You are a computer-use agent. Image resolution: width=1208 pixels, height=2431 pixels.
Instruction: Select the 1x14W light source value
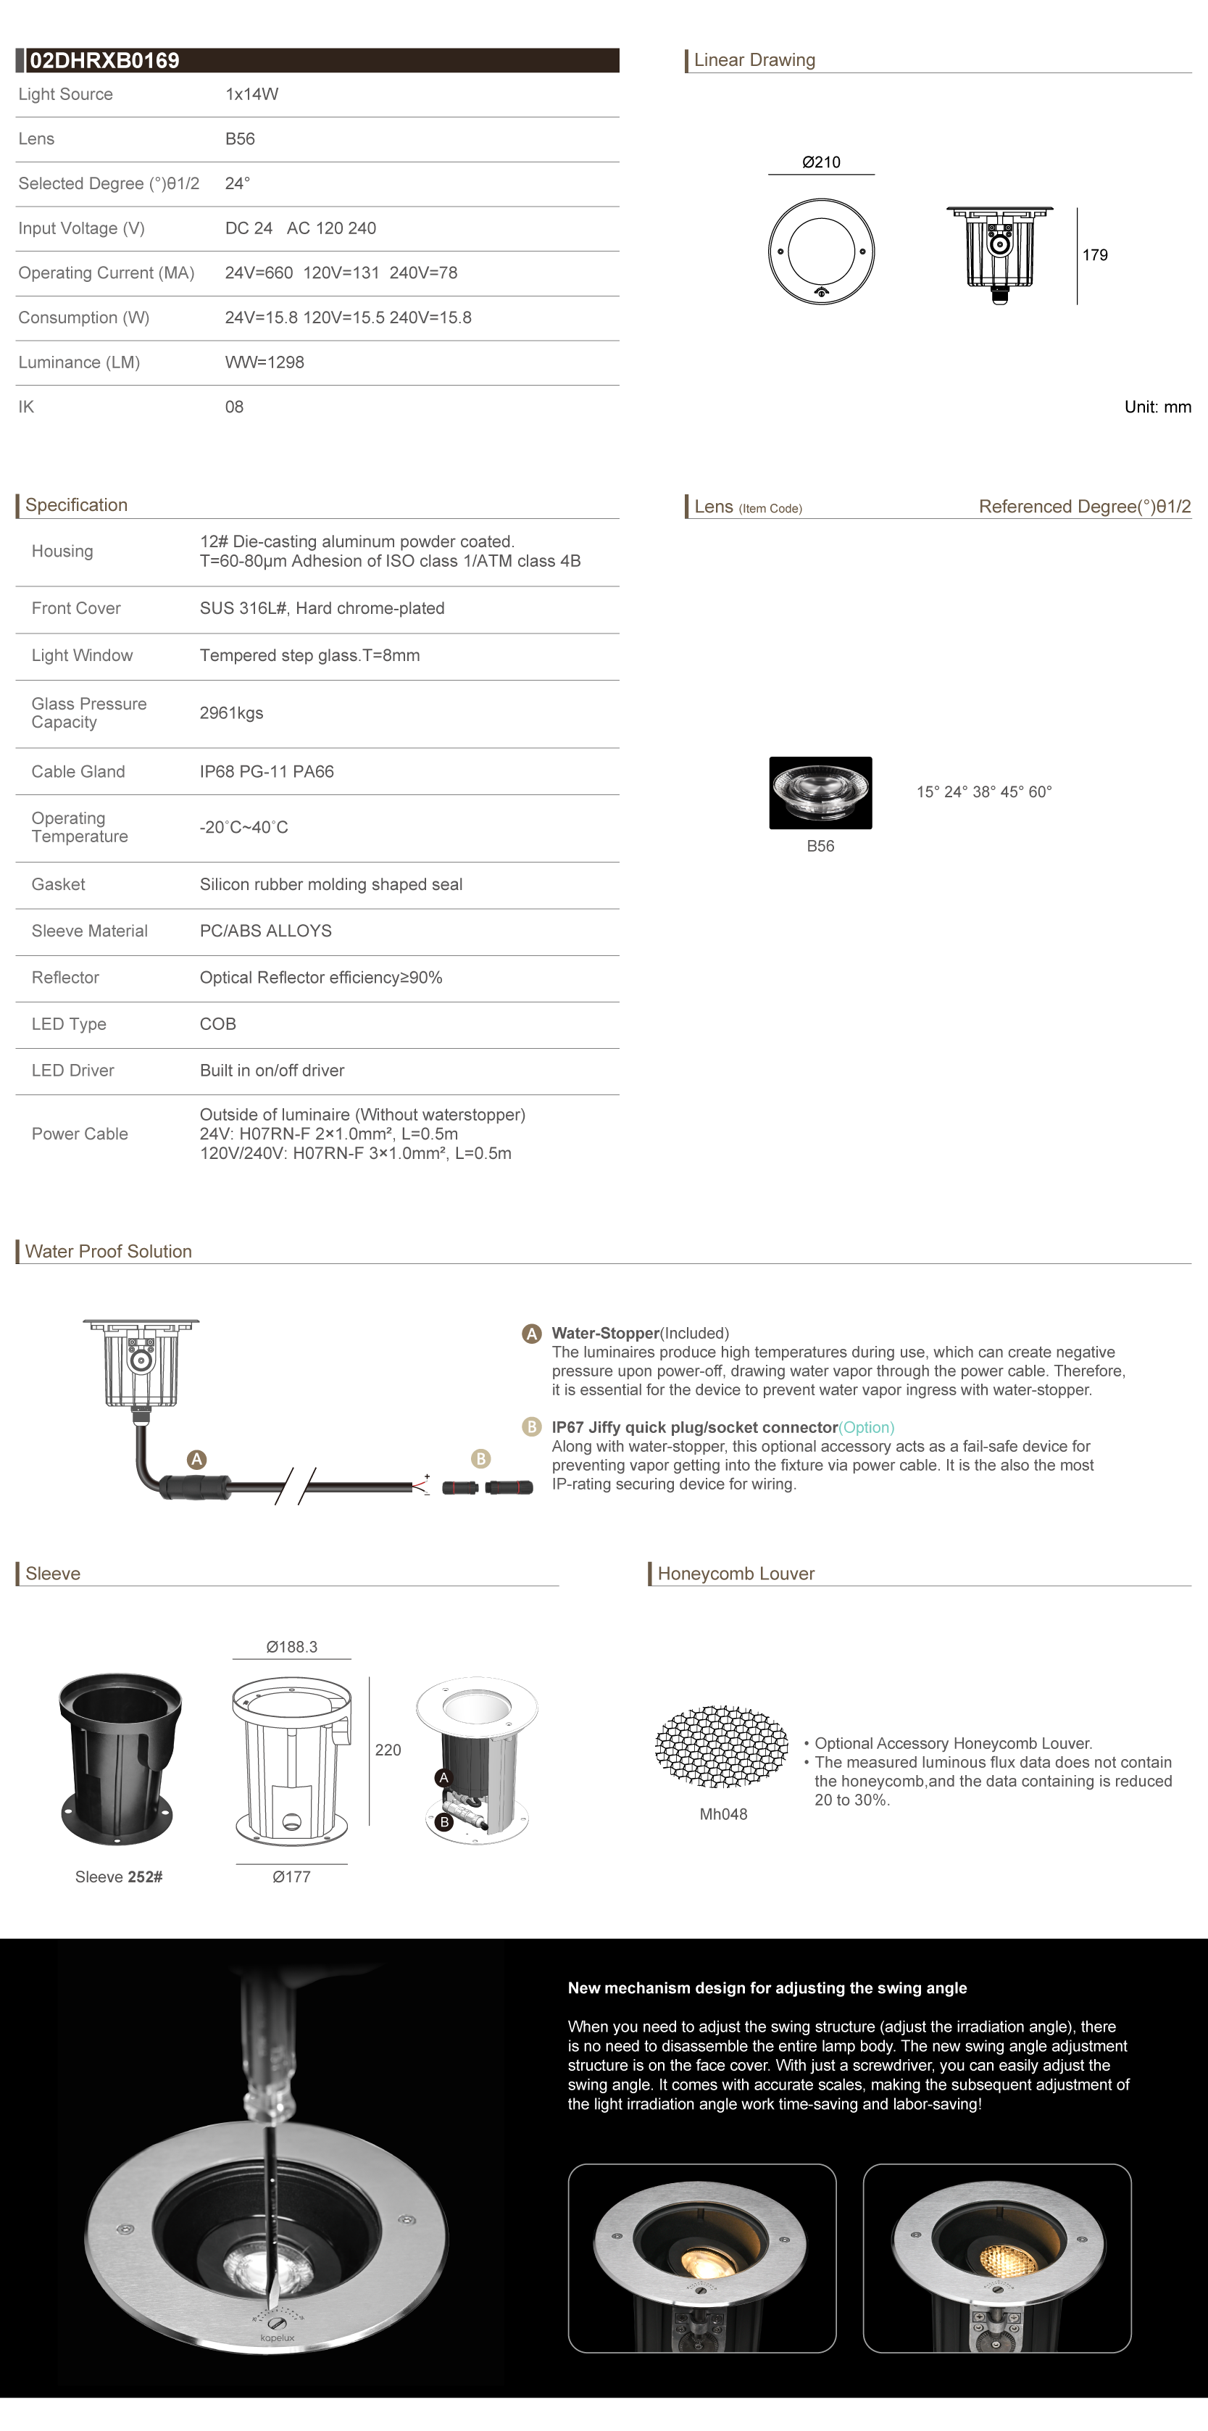(251, 94)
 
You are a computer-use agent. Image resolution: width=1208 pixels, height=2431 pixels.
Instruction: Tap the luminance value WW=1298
(264, 362)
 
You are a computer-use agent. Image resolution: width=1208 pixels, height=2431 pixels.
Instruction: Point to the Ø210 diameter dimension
(821, 162)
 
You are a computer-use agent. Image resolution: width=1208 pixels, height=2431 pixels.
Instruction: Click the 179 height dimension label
(1095, 255)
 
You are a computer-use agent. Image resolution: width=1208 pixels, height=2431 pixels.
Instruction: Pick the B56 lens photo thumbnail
(820, 793)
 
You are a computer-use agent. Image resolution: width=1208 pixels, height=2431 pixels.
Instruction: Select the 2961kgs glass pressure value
(231, 713)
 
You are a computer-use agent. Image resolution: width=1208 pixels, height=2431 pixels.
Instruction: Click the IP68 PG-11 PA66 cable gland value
(266, 772)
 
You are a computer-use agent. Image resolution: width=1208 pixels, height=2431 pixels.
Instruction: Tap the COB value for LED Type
(217, 1024)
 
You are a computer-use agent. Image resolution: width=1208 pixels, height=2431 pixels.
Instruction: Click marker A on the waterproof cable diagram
(196, 1459)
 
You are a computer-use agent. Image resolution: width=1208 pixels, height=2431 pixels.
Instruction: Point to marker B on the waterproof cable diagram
(480, 1459)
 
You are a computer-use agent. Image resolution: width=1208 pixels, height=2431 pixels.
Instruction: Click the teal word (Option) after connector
(867, 1427)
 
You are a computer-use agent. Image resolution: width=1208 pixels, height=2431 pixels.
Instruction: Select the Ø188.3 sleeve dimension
(291, 1647)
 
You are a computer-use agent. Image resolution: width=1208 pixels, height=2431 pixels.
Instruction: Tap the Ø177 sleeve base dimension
(291, 1877)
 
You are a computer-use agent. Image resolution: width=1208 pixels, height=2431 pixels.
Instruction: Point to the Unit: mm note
(1157, 407)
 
